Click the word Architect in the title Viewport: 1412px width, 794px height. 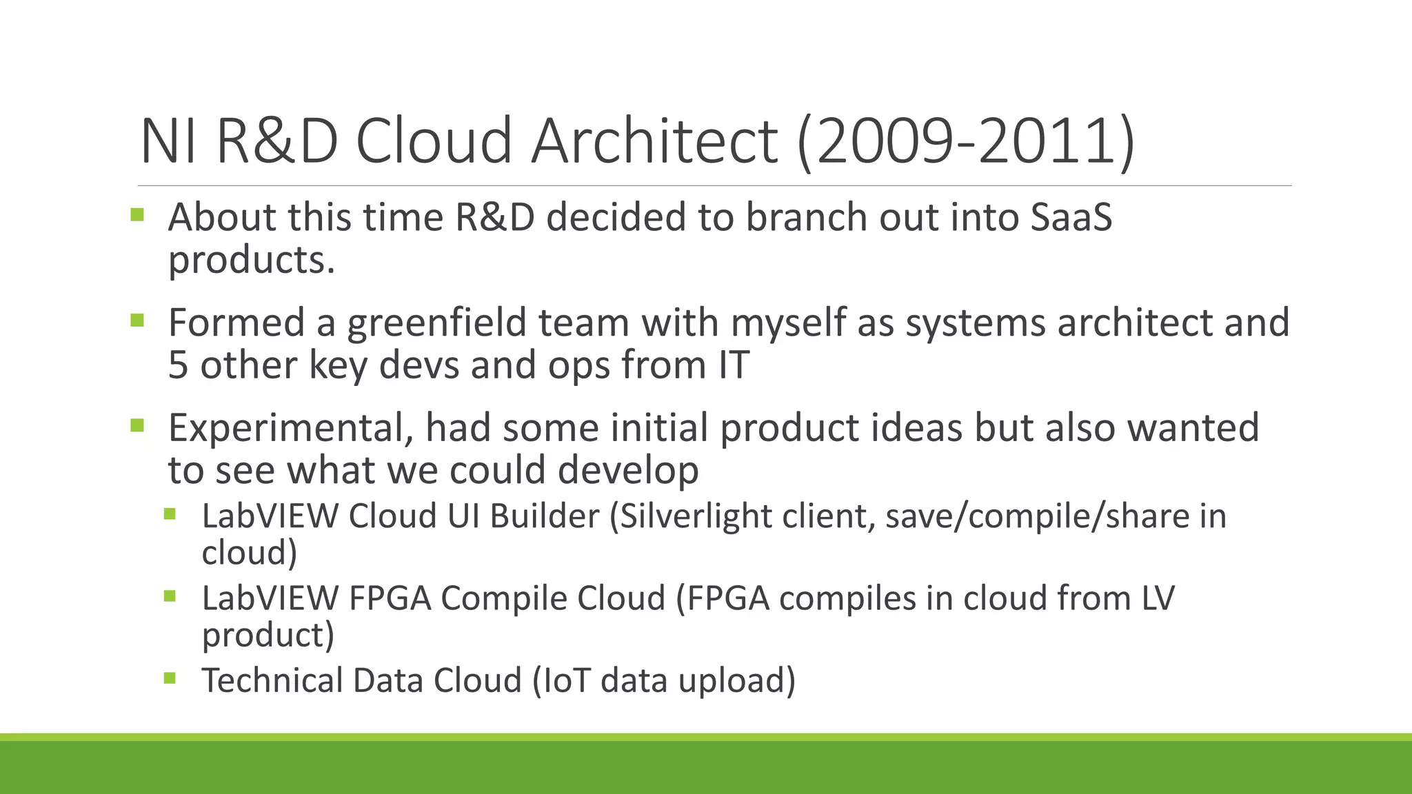pyautogui.click(x=654, y=141)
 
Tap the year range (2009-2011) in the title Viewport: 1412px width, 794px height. pyautogui.click(x=965, y=141)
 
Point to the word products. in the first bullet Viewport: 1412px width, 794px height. pyautogui.click(x=252, y=261)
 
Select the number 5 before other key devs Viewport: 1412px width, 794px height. pyautogui.click(x=178, y=365)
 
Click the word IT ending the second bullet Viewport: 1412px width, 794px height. pyautogui.click(x=734, y=365)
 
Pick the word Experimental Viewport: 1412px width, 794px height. pyautogui.click(x=290, y=428)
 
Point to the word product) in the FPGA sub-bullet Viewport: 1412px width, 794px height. pyautogui.click(x=268, y=635)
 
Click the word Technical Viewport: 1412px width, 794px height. pyautogui.click(x=272, y=681)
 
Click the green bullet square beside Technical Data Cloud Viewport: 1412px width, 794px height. pyautogui.click(x=170, y=679)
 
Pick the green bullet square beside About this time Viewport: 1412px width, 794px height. pyautogui.click(x=137, y=214)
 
